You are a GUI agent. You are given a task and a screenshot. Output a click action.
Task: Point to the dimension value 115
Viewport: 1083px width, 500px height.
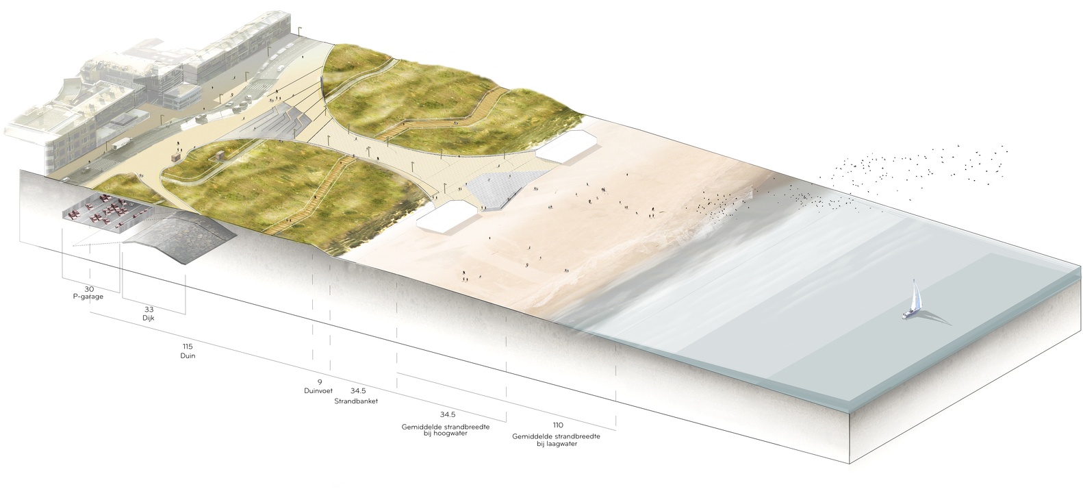click(x=188, y=347)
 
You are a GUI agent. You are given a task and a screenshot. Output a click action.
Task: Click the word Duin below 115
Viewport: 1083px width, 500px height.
click(x=188, y=356)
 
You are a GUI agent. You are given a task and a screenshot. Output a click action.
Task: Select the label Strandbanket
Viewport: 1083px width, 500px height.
click(x=356, y=400)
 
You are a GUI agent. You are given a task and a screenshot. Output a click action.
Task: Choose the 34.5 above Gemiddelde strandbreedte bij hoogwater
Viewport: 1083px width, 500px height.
click(x=448, y=415)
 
